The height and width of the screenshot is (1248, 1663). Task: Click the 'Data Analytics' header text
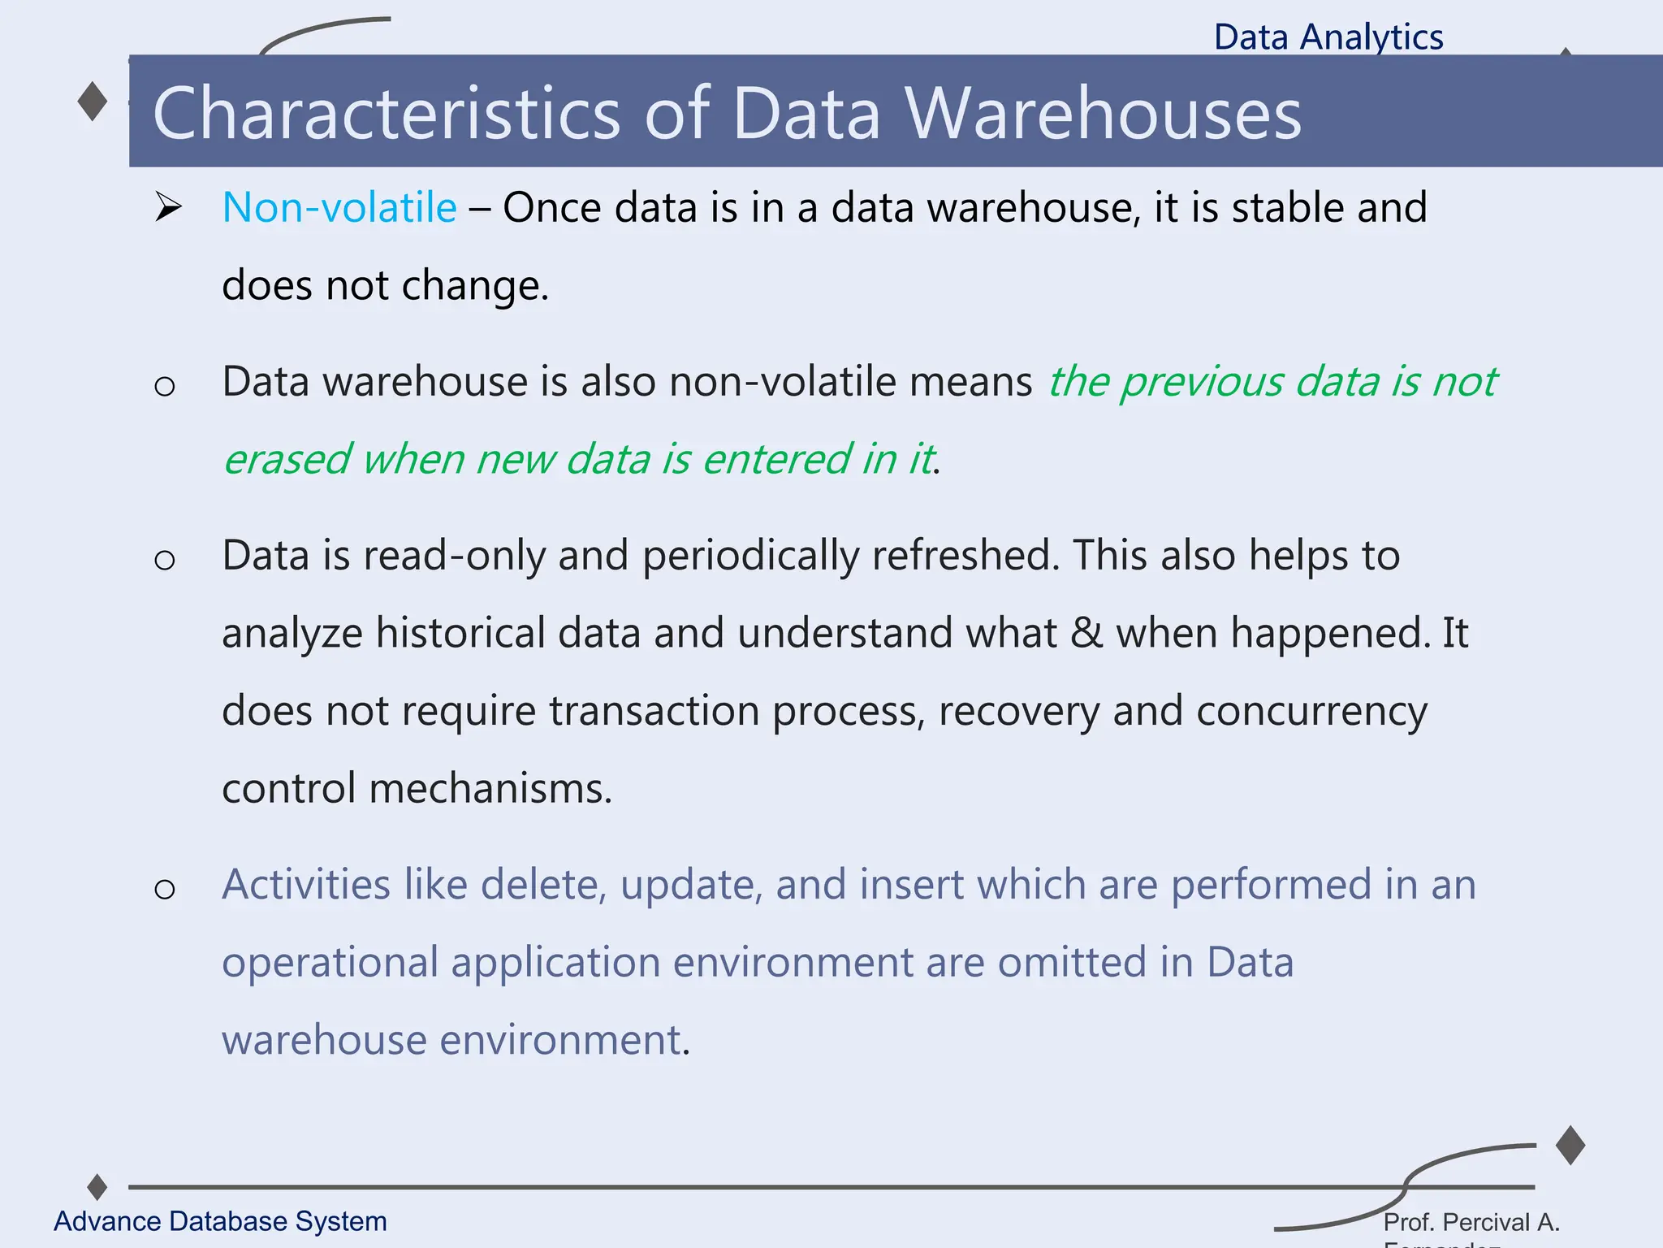1328,37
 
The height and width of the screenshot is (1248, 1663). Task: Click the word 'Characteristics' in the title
386,114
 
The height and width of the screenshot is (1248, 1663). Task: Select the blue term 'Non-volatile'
339,208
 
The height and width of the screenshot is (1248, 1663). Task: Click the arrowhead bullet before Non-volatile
168,208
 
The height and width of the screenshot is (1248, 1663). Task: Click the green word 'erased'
287,459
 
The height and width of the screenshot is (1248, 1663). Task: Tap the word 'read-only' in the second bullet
495,556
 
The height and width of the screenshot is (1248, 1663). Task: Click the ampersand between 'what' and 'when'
1086,633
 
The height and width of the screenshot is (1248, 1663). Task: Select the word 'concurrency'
1311,712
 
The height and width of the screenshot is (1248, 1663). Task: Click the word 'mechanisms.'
490,789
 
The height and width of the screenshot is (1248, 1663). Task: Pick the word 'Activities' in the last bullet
306,885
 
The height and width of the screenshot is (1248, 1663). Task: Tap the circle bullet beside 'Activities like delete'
165,890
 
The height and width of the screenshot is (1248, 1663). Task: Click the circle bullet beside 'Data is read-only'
165,560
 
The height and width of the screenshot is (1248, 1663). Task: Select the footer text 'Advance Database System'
220,1221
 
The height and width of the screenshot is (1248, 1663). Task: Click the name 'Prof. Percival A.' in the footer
1471,1222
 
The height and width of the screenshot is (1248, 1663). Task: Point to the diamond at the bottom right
1570,1146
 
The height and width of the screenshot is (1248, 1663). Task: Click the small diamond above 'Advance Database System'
97,1187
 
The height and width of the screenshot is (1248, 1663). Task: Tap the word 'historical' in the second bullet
460,633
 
